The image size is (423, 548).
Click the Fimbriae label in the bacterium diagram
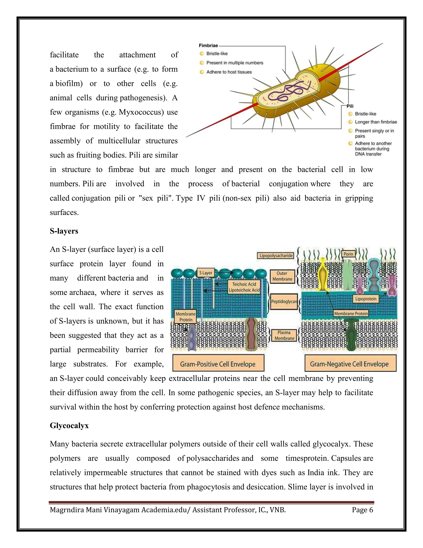point(208,46)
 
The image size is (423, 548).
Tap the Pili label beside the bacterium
point(350,106)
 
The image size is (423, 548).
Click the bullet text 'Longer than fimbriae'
point(376,122)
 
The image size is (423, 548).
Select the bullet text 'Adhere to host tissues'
point(229,72)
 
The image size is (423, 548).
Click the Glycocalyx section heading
point(69,426)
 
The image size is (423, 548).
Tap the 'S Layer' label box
point(206,273)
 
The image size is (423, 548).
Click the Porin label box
point(348,254)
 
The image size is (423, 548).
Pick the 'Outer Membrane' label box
point(282,276)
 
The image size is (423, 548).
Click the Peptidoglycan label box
point(284,302)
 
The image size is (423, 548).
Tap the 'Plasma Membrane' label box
point(284,335)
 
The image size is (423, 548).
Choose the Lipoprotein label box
point(366,299)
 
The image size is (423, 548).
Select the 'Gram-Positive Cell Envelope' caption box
point(218,364)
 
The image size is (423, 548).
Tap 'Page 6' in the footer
point(362,510)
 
